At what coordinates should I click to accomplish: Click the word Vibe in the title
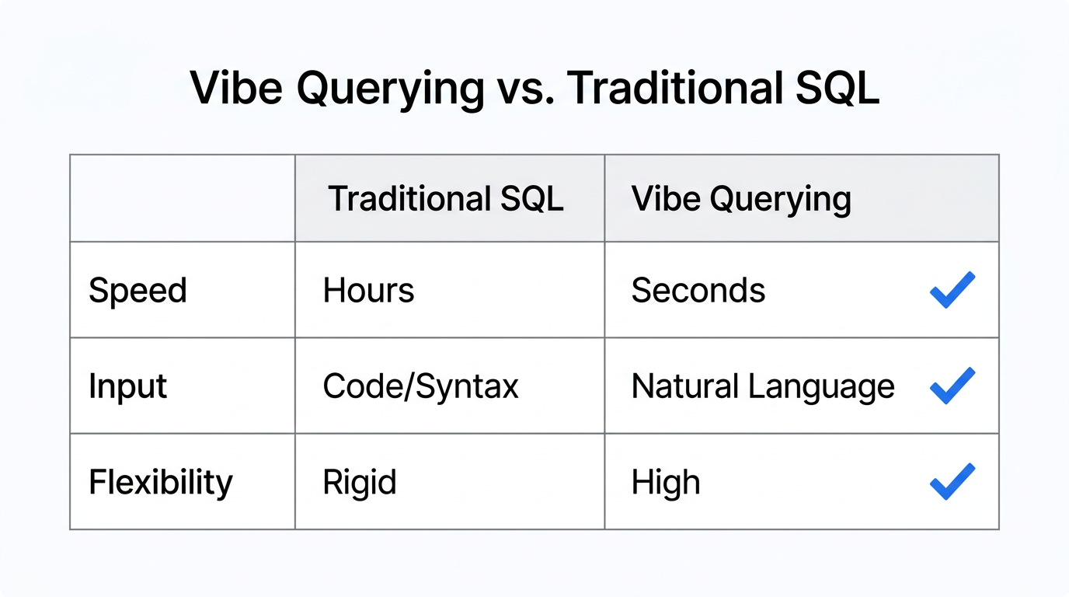235,89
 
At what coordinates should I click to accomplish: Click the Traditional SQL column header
446,199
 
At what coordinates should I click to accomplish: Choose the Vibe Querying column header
741,199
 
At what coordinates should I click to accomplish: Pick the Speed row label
138,291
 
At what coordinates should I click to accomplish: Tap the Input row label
127,386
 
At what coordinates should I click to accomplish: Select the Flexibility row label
160,483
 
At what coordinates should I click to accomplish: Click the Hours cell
368,291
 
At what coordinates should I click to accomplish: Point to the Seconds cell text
698,291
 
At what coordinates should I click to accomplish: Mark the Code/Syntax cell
420,386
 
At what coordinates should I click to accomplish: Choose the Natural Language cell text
762,386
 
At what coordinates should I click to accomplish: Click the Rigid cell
359,483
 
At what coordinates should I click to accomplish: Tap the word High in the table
665,483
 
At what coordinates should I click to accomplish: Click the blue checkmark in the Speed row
952,290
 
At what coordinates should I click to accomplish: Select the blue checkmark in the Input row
952,386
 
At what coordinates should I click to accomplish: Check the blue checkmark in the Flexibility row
952,481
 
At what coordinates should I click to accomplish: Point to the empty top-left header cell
182,198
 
